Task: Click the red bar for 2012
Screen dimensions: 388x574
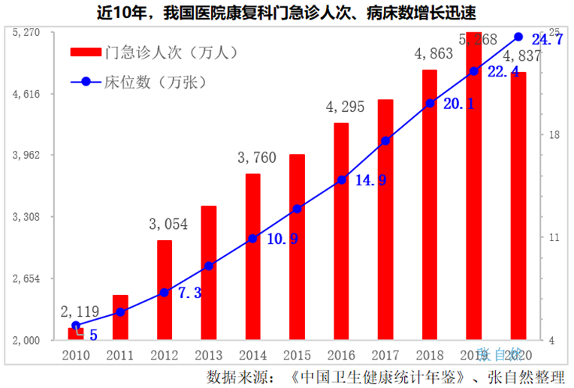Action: click(165, 290)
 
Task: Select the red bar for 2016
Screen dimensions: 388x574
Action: click(341, 231)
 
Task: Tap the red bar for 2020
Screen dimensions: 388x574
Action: click(518, 206)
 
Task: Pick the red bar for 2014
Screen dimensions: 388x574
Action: click(252, 257)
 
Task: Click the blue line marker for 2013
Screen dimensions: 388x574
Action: click(209, 266)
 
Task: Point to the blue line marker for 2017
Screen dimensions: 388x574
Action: click(385, 140)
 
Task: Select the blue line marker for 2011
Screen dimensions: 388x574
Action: click(120, 311)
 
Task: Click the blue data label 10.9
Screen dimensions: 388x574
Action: click(282, 239)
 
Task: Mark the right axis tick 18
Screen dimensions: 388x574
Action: click(555, 135)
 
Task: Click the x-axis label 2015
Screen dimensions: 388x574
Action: click(297, 354)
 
